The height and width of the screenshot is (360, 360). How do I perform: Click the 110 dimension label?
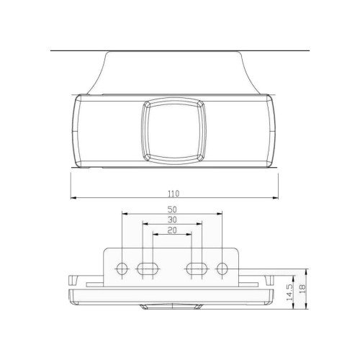coord(174,194)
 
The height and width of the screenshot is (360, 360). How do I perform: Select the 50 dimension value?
coord(172,210)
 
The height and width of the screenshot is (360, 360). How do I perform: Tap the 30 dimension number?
coord(172,220)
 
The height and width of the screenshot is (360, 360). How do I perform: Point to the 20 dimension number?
coord(172,230)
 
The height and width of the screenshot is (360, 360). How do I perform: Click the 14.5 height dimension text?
coord(289,292)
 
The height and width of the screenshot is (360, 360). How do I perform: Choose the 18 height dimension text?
coord(302,287)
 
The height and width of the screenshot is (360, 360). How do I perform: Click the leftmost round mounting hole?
coord(122,269)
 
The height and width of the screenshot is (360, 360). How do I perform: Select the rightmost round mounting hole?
coord(222,269)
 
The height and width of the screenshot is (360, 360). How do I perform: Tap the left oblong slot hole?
coord(148,269)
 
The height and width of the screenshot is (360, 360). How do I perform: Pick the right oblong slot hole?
coord(197,269)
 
